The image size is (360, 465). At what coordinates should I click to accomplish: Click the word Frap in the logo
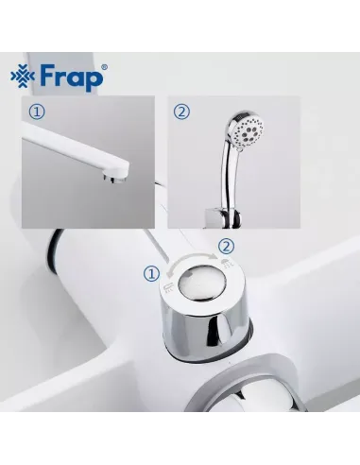[x=72, y=77]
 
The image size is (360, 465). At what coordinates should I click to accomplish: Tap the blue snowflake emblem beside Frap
[x=23, y=77]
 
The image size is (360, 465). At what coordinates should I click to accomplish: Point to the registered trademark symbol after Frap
[x=104, y=67]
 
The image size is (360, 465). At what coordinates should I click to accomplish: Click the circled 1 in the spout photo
[x=37, y=112]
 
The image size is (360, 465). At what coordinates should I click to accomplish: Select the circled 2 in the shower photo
[x=181, y=112]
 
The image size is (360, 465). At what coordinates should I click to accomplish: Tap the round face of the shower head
[x=249, y=129]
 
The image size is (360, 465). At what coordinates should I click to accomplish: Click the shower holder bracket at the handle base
[x=223, y=218]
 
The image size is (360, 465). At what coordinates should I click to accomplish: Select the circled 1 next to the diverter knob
[x=152, y=274]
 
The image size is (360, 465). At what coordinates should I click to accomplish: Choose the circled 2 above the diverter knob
[x=227, y=247]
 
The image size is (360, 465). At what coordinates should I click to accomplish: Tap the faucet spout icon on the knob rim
[x=168, y=286]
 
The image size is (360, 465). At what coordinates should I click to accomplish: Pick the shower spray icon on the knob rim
[x=228, y=264]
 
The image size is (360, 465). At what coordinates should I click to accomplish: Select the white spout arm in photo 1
[x=76, y=149]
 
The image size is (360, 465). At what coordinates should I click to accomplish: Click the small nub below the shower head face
[x=240, y=148]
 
